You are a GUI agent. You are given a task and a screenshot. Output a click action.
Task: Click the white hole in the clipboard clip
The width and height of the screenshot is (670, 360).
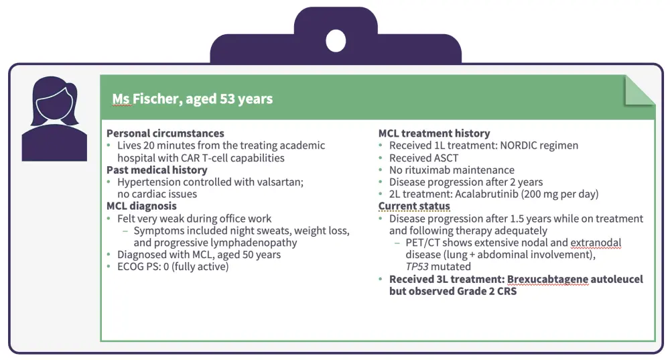coord(336,41)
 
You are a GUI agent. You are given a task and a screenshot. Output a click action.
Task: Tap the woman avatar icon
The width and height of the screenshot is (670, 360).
coord(54,119)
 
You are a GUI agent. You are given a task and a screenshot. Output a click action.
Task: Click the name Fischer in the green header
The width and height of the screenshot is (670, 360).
coord(157,99)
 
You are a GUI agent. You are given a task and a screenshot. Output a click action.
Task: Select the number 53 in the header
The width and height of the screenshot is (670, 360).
coord(227,99)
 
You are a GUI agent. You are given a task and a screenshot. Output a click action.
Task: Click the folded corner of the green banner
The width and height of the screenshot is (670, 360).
coord(639,91)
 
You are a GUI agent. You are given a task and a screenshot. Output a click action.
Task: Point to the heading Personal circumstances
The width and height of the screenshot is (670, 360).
coord(165,133)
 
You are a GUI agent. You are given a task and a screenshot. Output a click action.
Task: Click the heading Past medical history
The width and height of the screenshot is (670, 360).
coord(157,170)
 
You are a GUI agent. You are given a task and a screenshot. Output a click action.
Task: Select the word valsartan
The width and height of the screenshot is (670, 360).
coord(280,182)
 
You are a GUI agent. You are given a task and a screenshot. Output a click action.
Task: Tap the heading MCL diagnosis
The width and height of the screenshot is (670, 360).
coord(141,206)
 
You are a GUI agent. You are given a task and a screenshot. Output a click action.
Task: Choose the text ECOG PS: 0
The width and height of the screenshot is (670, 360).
coord(143,266)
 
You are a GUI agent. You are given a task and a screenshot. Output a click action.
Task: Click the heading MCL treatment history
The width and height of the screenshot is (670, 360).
coord(434,133)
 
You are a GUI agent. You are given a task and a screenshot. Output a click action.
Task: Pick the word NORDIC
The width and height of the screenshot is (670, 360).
coord(518,145)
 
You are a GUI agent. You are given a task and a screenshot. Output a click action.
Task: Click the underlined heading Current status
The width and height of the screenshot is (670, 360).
coord(414,206)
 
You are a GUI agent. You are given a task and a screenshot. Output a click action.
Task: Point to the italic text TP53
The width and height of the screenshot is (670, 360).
coord(417,266)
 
